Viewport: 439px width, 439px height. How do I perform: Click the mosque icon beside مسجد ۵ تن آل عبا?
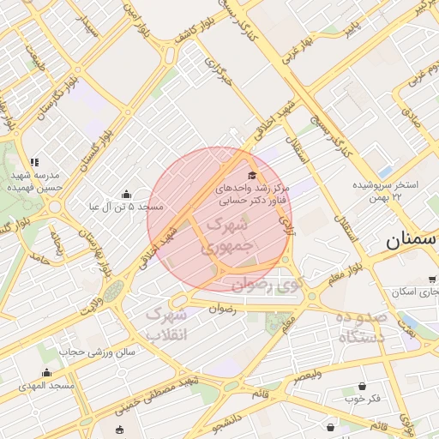[x=127, y=194]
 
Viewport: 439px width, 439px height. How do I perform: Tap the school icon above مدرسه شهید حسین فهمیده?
[x=34, y=161]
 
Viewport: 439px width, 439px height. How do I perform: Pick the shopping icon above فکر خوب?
[x=363, y=386]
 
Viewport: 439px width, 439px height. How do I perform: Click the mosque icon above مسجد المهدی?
[x=46, y=372]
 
